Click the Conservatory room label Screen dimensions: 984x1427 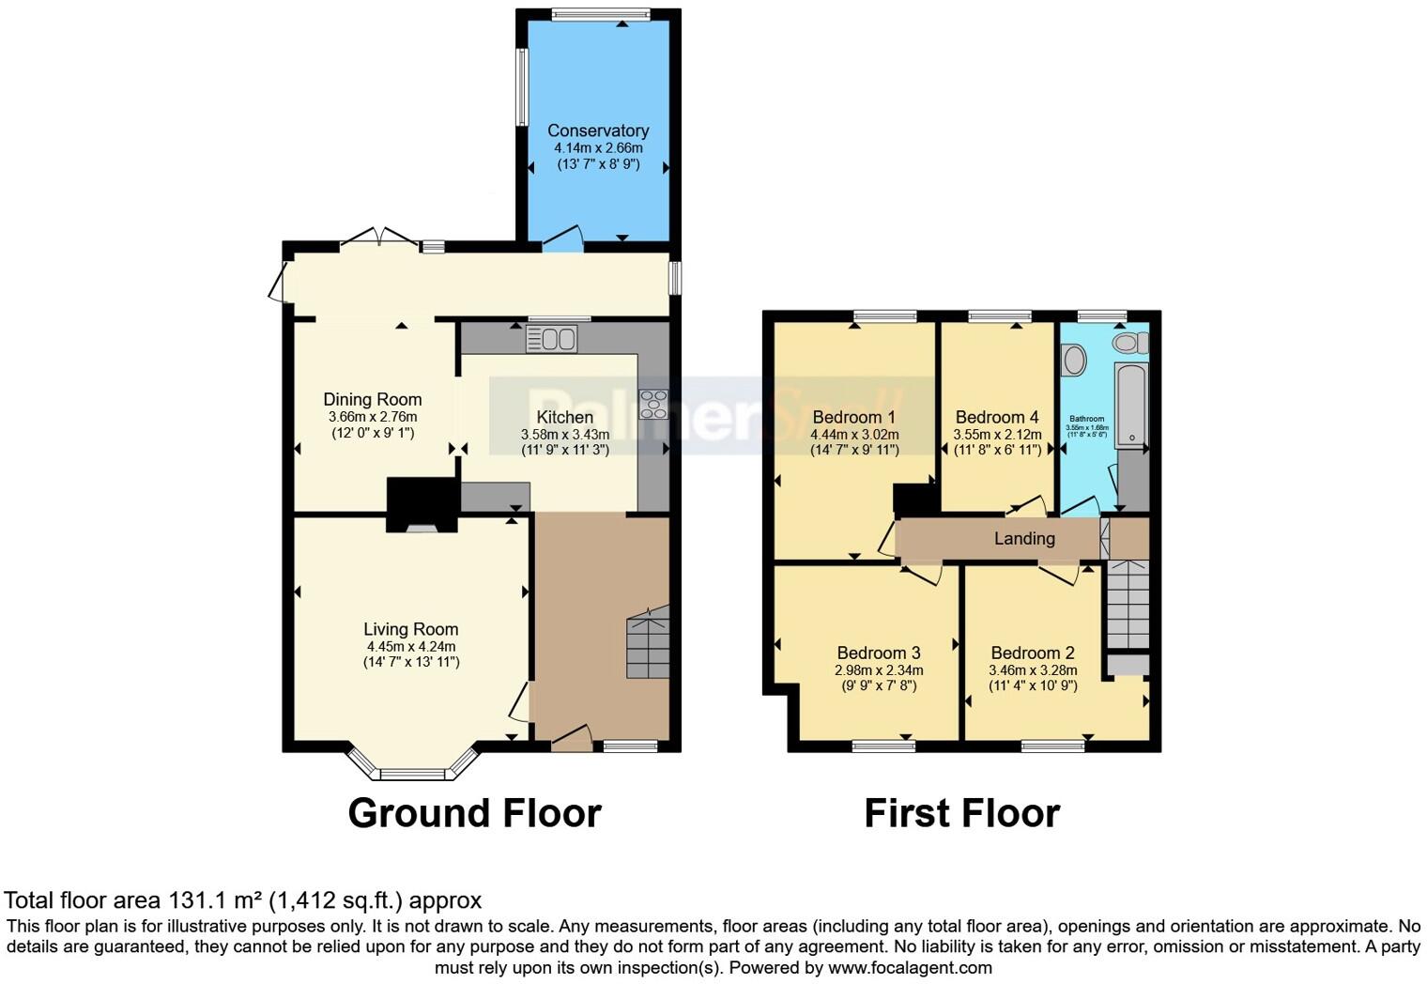click(598, 131)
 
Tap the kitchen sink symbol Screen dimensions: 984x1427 click(551, 339)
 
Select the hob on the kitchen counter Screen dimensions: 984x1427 click(652, 404)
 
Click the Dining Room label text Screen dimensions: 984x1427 click(373, 399)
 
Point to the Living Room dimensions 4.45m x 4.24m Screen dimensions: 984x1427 click(411, 646)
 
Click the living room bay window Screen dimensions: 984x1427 click(412, 773)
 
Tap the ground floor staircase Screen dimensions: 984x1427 click(648, 643)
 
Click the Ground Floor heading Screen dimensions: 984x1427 click(474, 813)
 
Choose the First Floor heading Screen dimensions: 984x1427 click(961, 813)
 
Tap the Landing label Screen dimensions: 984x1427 click(1024, 538)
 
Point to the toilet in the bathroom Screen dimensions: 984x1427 click(1129, 344)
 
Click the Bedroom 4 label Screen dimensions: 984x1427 click(997, 417)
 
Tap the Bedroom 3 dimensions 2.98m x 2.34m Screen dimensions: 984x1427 click(879, 670)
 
